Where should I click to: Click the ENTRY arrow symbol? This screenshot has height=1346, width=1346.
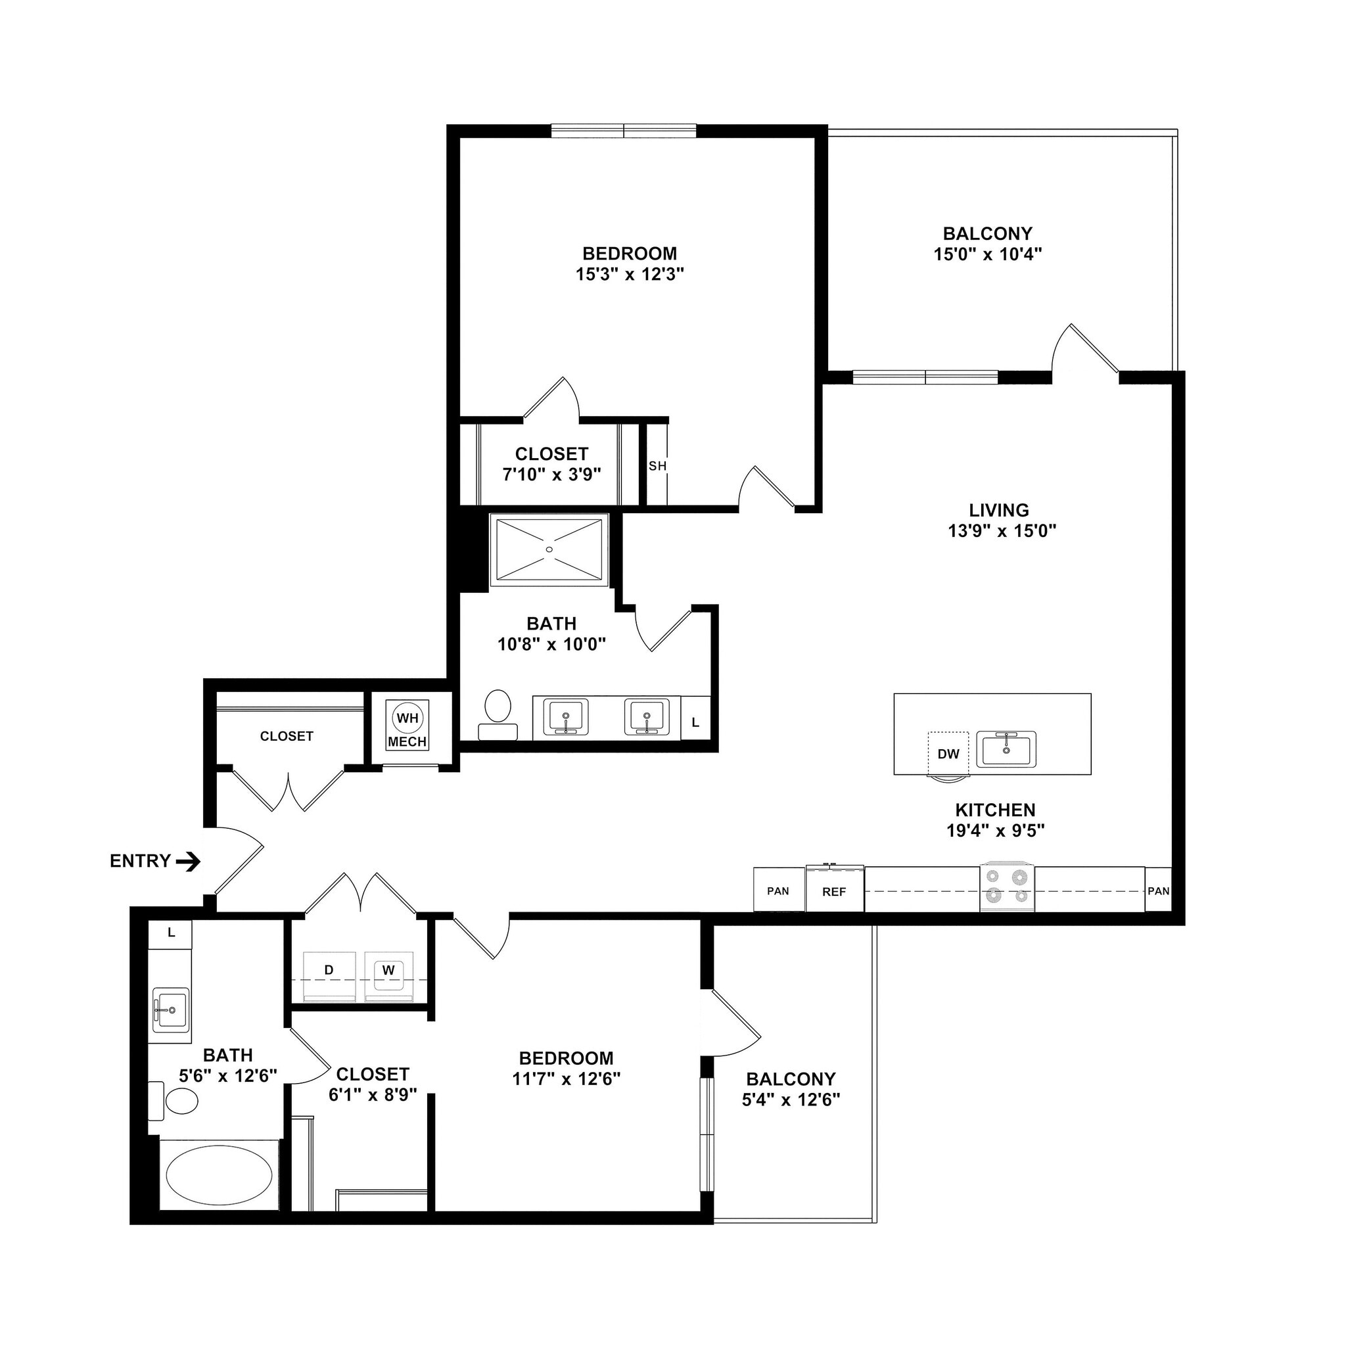click(x=188, y=862)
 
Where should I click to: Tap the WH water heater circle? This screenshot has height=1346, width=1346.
click(x=407, y=718)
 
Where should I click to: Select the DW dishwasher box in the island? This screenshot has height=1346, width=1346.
click(x=948, y=753)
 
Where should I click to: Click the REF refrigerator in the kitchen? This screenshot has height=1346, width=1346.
click(x=835, y=891)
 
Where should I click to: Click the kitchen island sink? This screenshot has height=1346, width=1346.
click(x=1006, y=749)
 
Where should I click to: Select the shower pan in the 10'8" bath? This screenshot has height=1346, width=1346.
click(x=549, y=549)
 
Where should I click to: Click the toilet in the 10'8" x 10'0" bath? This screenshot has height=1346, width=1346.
click(x=498, y=712)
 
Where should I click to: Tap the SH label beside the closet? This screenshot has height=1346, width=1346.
click(x=657, y=466)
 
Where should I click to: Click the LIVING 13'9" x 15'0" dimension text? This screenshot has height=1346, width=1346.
click(x=1002, y=531)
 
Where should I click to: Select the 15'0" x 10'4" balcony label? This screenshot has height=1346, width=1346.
click(x=987, y=254)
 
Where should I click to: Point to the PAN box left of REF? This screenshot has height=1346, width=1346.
click(x=778, y=891)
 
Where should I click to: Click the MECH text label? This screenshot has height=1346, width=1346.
click(x=407, y=742)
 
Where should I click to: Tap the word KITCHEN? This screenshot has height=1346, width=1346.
click(x=995, y=810)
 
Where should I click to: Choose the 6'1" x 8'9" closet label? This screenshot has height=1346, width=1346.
click(x=373, y=1094)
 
